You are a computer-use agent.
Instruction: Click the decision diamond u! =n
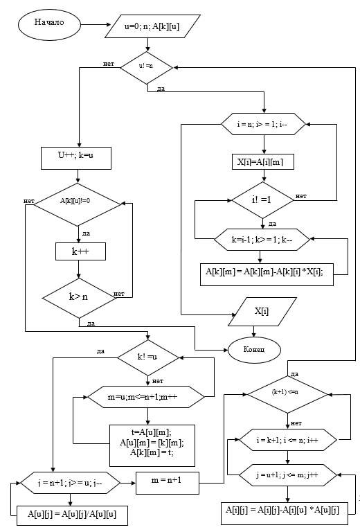(147, 67)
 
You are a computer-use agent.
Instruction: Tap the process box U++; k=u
(77, 155)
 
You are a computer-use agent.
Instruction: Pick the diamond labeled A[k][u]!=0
(77, 203)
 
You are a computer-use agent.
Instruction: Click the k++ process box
(80, 251)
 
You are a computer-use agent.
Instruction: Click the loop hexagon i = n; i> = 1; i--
(264, 125)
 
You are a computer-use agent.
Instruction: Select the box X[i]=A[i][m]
(263, 163)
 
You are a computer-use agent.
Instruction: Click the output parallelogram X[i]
(262, 311)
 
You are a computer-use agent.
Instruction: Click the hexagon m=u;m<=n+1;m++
(146, 396)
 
